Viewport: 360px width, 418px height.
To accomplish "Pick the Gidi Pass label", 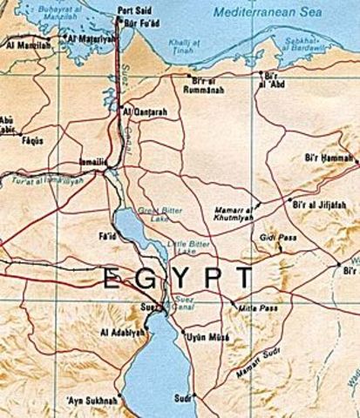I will pos(265,238).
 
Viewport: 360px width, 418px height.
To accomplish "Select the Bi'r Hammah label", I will pos(329,159).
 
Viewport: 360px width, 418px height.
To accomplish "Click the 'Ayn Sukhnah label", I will pos(91,401).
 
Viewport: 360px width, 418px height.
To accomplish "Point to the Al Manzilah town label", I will pos(23,42).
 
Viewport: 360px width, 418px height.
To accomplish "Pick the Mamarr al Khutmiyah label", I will pos(234,215).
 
